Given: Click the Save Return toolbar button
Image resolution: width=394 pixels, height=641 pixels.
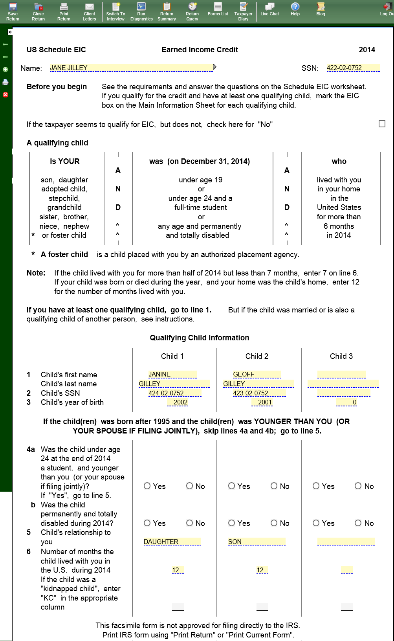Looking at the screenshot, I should (x=13, y=11).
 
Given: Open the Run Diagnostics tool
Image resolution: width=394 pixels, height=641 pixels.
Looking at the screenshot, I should (x=141, y=11).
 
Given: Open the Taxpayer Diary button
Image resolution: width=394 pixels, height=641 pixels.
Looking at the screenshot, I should (x=243, y=11).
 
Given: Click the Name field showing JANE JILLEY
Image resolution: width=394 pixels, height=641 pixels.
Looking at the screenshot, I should (x=131, y=68).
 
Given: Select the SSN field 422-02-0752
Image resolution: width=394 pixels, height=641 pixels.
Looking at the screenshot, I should (x=353, y=68).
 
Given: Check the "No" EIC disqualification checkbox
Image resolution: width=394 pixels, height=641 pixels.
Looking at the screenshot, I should (x=382, y=124).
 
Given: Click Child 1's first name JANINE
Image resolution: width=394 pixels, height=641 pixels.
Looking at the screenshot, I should (x=172, y=375).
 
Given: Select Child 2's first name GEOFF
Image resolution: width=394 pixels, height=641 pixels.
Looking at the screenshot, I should (x=257, y=375).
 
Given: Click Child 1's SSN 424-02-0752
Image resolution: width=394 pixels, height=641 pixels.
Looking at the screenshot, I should (x=174, y=393).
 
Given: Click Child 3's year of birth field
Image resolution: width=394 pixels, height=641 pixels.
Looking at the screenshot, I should (x=346, y=402).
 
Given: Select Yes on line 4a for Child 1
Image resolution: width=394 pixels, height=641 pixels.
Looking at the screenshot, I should (x=147, y=486).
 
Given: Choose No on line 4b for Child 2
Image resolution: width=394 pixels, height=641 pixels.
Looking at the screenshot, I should (x=274, y=523).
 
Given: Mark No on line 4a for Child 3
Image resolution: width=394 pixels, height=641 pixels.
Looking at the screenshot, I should (x=358, y=486).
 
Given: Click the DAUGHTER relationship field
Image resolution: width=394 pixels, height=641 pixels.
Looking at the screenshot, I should (x=172, y=542).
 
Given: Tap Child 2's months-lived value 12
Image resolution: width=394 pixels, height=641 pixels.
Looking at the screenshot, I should (x=262, y=570).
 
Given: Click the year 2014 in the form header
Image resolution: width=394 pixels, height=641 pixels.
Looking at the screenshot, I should (x=367, y=50).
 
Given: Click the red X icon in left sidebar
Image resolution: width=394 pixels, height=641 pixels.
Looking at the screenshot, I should (x=5, y=95).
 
